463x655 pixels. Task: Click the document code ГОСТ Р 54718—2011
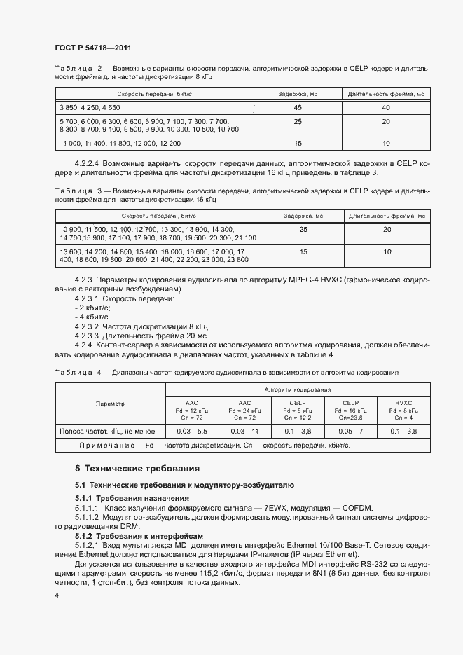click(92, 48)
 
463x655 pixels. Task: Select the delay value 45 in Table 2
click(298, 107)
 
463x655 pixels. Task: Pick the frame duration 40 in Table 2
click(385, 107)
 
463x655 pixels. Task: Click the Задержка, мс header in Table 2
click(298, 93)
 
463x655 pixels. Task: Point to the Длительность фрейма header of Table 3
click(387, 216)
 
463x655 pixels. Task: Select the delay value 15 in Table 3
click(303, 251)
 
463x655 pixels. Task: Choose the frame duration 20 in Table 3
click(387, 229)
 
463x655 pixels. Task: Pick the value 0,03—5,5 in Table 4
click(192, 431)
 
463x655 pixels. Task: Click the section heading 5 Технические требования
click(137, 468)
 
